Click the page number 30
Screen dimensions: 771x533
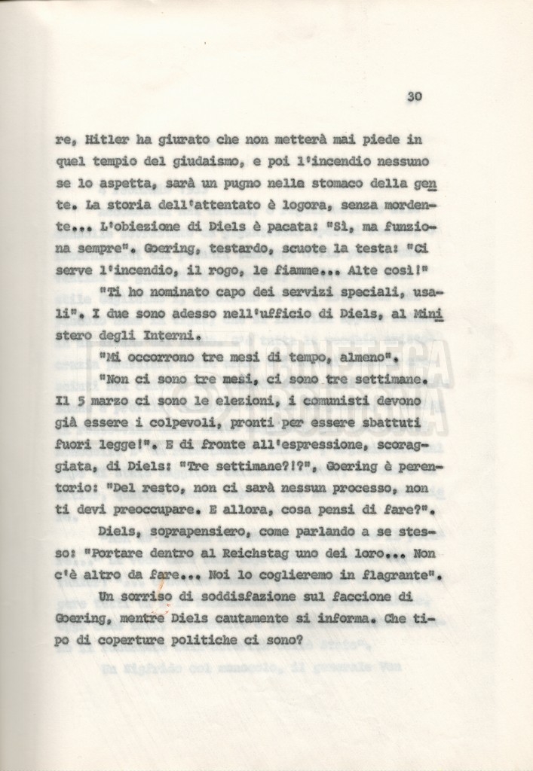(x=414, y=96)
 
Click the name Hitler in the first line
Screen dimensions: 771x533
(x=108, y=140)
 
